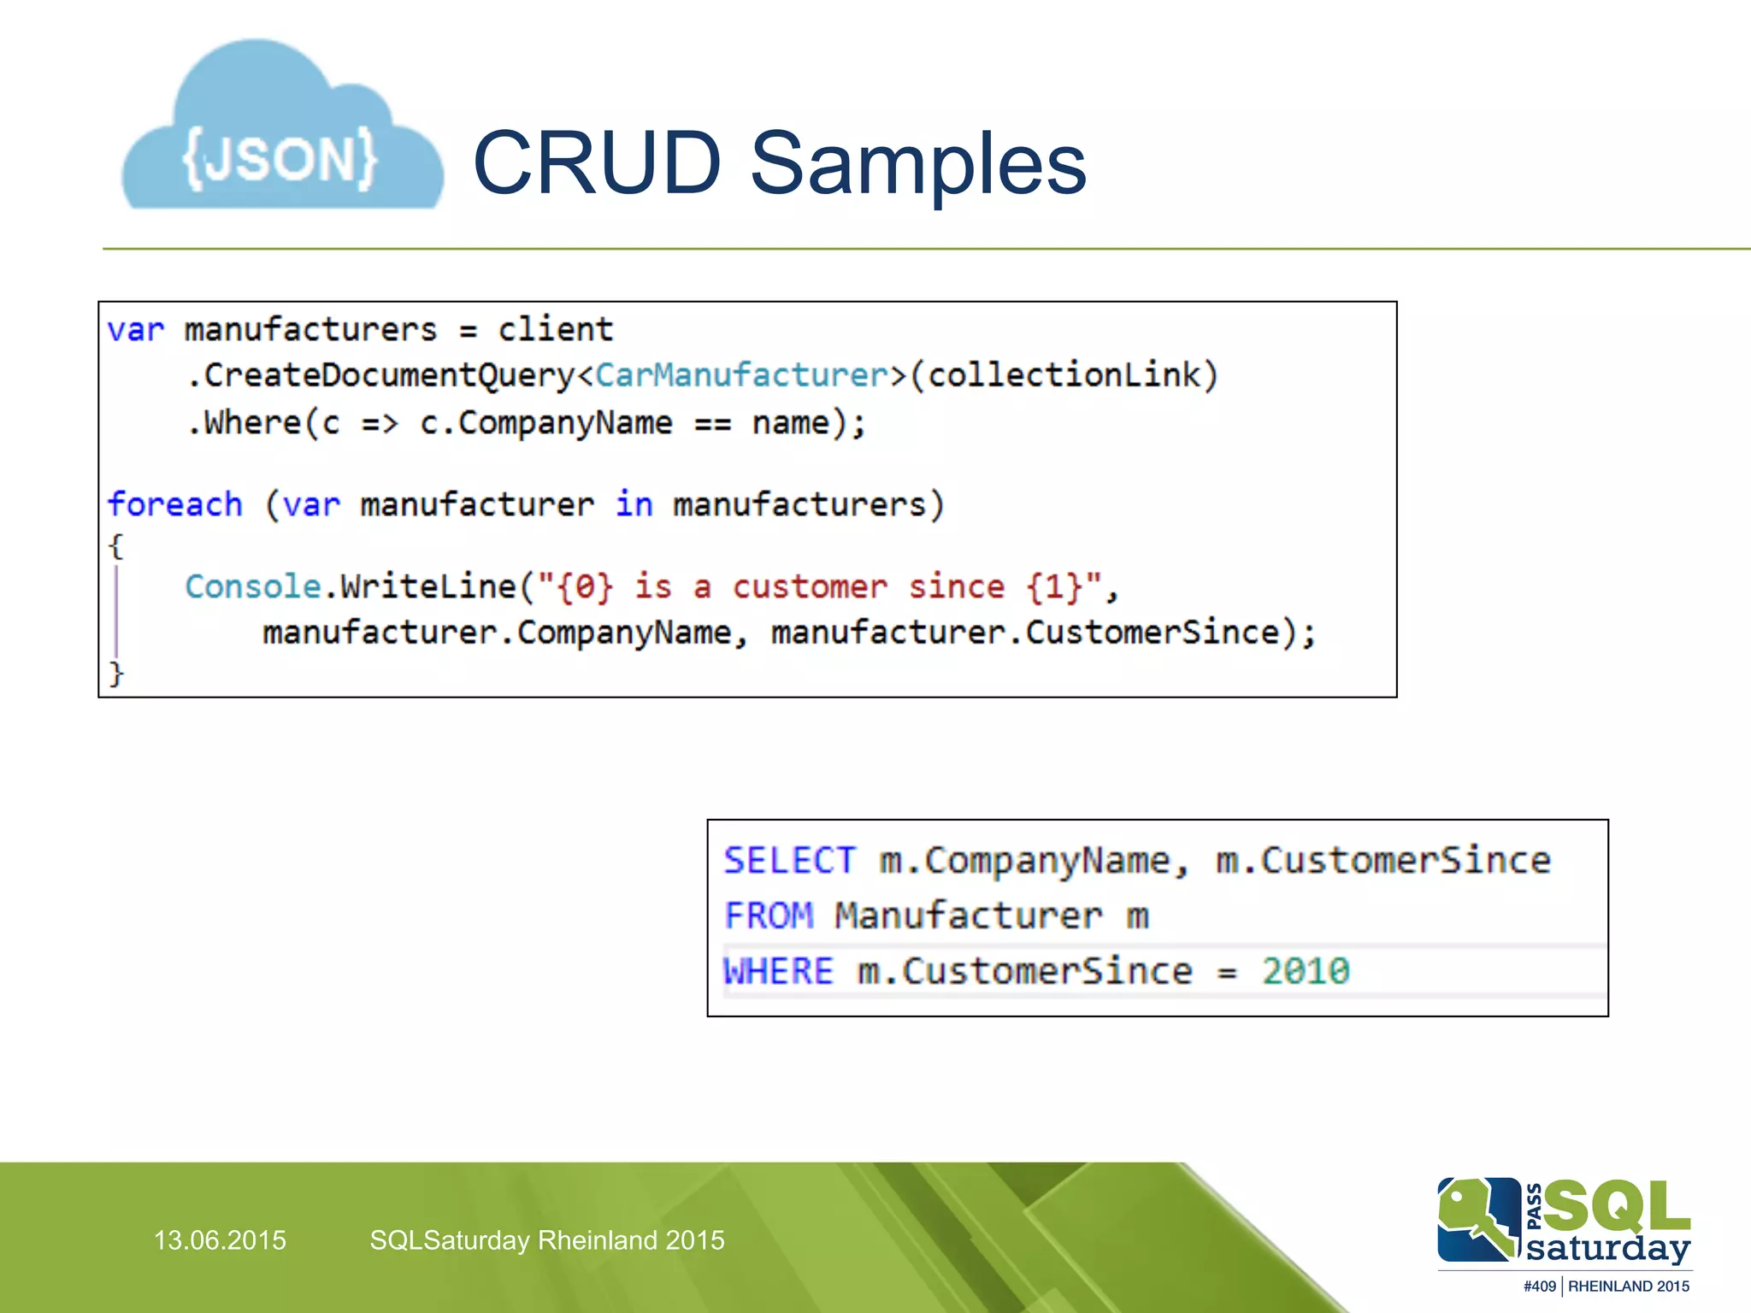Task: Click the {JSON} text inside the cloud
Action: coord(280,158)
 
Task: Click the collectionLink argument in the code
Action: coord(1064,375)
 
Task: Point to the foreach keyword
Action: coord(175,504)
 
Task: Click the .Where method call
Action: coord(244,423)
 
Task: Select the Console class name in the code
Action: coord(253,586)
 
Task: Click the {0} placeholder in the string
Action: coord(585,586)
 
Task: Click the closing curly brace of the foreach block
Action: coord(116,674)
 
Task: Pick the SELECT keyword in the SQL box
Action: coord(789,860)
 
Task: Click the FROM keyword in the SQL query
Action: coord(769,916)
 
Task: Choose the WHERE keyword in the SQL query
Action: coord(778,971)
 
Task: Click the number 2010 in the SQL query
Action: coord(1306,971)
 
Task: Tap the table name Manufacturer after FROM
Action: coord(969,916)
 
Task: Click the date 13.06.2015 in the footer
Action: coord(220,1240)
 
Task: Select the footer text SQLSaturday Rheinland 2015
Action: coord(547,1240)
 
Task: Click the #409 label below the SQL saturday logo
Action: coord(1539,1287)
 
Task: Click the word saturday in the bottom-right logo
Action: coord(1608,1248)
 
